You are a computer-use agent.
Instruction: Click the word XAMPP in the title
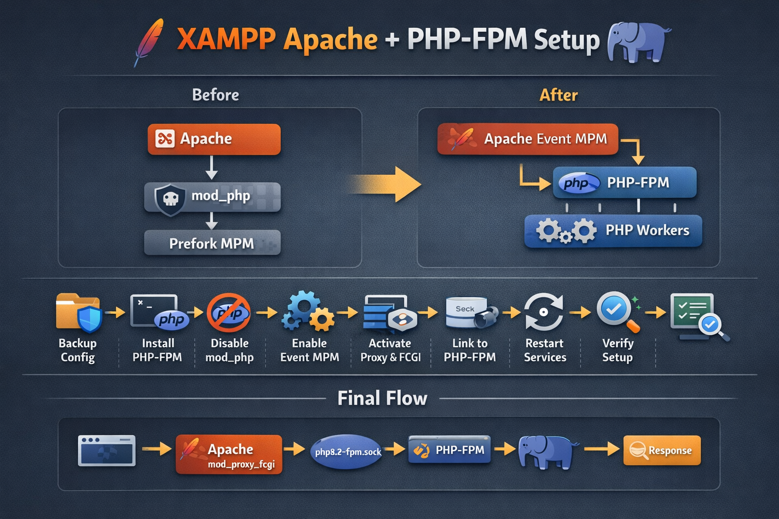coord(226,40)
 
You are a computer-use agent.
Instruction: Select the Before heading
coord(216,95)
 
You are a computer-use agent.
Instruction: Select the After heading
coord(558,95)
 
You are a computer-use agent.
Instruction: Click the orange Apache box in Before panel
coord(214,139)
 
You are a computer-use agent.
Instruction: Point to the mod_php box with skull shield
coord(213,197)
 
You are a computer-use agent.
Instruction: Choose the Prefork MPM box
coord(212,243)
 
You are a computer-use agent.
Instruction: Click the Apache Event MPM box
coord(527,139)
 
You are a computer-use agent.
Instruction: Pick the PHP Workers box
coord(613,231)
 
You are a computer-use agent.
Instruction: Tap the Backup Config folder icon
coord(79,312)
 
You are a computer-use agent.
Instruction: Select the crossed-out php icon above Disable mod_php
coord(229,313)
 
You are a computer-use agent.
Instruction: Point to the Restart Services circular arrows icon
coord(544,312)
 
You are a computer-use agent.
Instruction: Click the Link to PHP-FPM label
coord(470,350)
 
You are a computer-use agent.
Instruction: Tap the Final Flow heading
coord(382,398)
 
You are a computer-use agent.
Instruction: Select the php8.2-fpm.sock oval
coord(347,451)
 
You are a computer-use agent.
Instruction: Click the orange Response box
coord(662,450)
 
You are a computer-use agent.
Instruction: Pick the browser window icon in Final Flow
coord(107,450)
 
